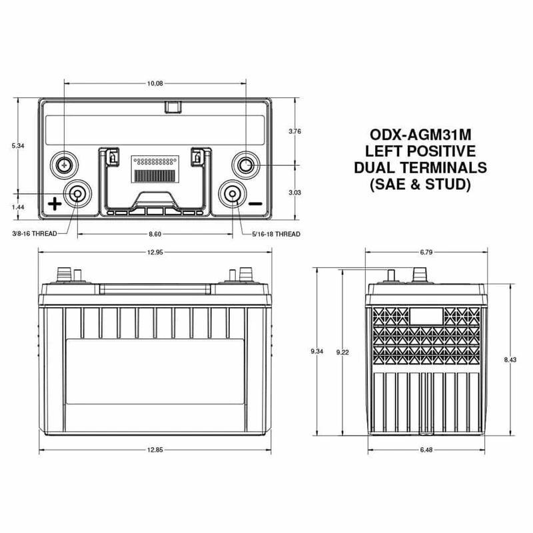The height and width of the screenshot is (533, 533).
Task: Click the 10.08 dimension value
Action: [154, 84]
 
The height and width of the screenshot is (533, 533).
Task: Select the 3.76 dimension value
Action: [295, 132]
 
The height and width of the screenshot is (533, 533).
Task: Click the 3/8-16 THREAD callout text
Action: [35, 234]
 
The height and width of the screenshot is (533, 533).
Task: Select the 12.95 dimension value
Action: [155, 253]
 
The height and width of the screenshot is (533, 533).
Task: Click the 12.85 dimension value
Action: [155, 451]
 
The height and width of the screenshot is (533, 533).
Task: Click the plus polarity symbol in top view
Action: [54, 204]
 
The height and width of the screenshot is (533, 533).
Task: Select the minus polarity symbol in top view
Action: [257, 204]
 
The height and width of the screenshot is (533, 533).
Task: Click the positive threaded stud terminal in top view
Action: [77, 194]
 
